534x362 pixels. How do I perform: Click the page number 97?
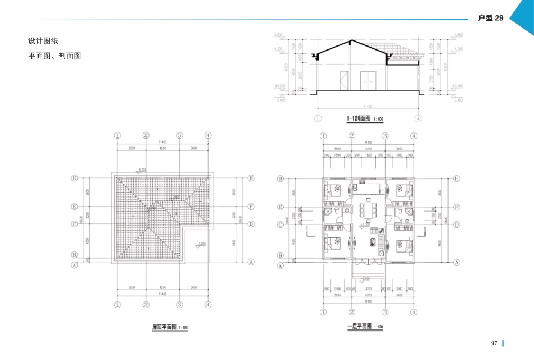point(494,343)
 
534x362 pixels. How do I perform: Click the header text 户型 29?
point(490,18)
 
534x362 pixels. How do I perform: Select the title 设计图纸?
point(43,41)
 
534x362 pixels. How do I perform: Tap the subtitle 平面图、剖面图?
point(55,56)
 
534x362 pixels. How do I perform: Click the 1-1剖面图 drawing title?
point(360,118)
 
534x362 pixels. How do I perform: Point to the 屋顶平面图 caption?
point(165,327)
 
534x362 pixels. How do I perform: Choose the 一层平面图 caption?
point(360,326)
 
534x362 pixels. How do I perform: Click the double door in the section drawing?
point(368,81)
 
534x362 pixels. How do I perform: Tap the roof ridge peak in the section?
point(351,41)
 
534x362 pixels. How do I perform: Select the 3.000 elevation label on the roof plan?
point(202,244)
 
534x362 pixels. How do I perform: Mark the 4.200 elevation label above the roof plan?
point(142,169)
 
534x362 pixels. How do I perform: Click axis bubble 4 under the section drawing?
point(418,118)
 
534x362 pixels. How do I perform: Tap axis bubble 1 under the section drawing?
point(318,118)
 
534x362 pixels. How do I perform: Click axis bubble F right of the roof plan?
point(251,207)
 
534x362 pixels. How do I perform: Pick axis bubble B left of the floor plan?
point(280,255)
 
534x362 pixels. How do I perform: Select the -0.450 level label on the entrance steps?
point(365,278)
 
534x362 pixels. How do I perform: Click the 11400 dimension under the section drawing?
point(368,106)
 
